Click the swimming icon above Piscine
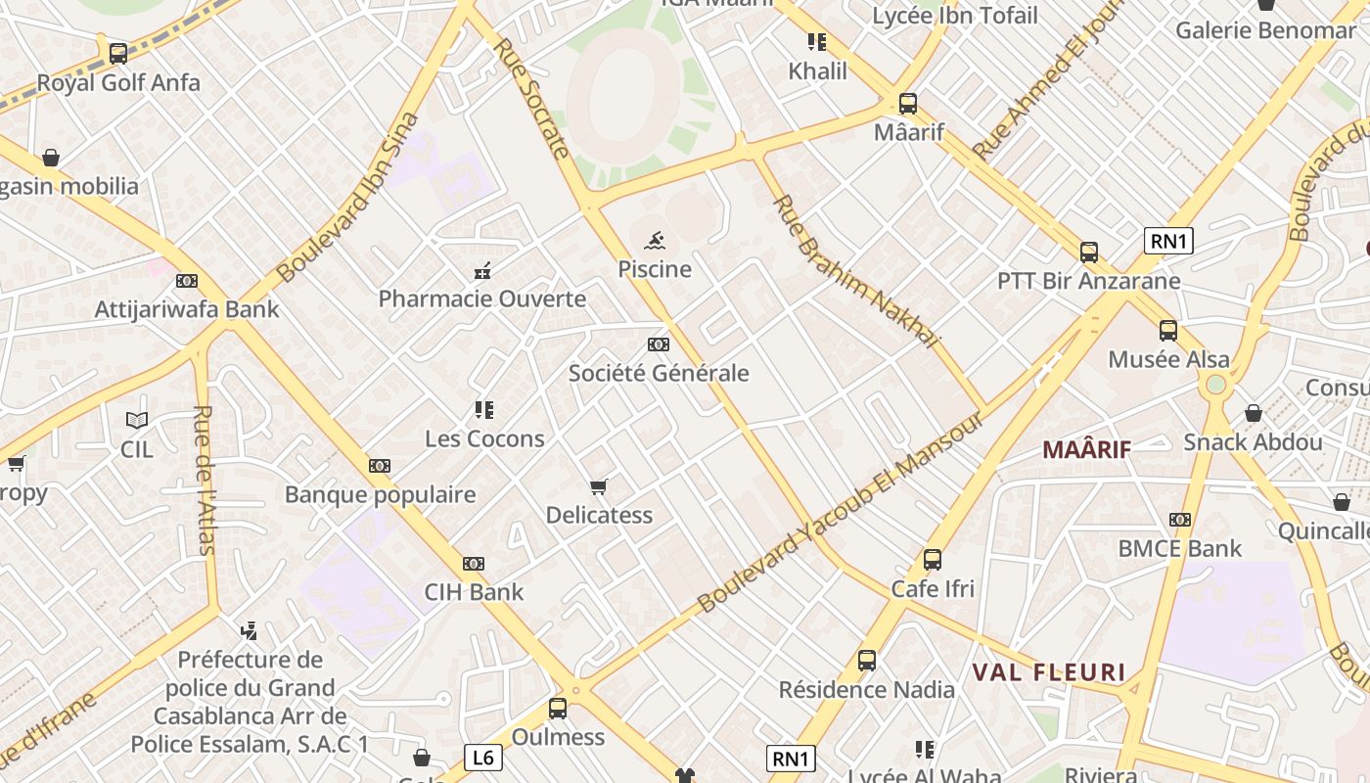(656, 240)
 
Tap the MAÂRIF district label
(1086, 450)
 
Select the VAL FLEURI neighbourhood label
(1049, 672)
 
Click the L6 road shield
(482, 757)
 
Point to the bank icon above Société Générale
(659, 345)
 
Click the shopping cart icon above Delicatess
(599, 486)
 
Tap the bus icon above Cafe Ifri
(933, 560)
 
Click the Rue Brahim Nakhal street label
(855, 271)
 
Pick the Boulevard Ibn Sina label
(348, 198)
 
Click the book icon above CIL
(137, 421)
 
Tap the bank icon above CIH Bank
(474, 564)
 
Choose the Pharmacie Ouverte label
(482, 299)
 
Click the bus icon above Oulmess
(558, 708)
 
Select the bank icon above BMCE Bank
(1180, 520)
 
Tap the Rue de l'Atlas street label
(204, 480)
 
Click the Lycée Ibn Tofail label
(955, 16)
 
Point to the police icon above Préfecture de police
(250, 630)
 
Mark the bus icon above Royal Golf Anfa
(118, 54)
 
